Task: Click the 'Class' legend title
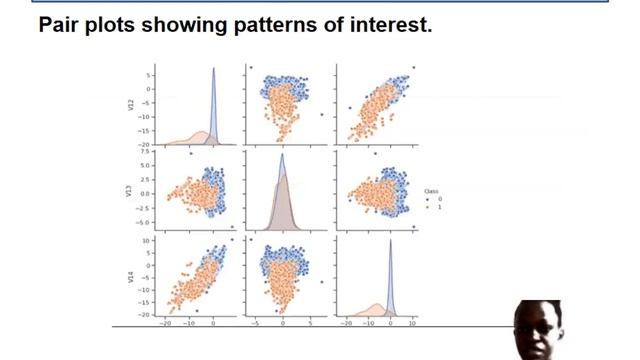[431, 191]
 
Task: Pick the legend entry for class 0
[433, 198]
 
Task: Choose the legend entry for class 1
[433, 206]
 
